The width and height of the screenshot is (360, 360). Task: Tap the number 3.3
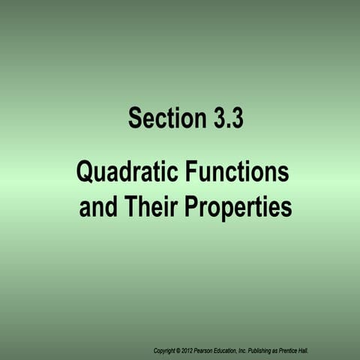(223, 118)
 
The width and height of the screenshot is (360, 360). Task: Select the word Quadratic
(124, 173)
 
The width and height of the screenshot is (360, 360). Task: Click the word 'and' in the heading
(97, 206)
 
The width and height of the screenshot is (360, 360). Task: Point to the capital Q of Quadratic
(85, 173)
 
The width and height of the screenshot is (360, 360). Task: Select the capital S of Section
(134, 118)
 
